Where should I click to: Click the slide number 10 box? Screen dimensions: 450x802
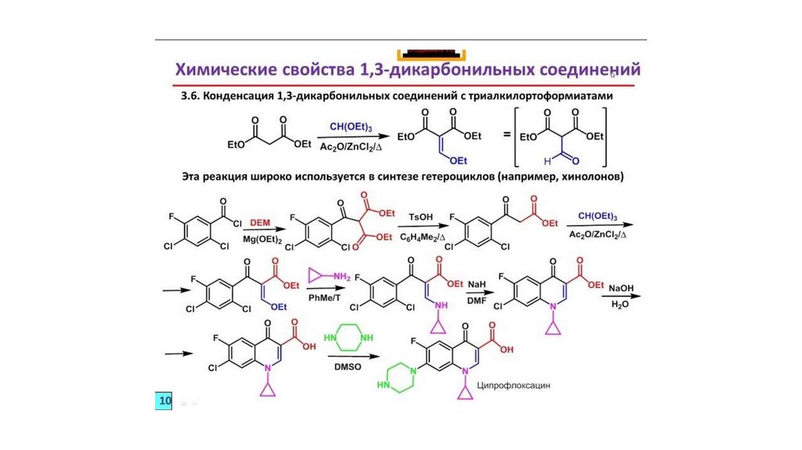click(x=164, y=401)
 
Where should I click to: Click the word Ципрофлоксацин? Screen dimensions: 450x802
click(x=523, y=385)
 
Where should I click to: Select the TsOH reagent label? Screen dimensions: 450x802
click(x=421, y=216)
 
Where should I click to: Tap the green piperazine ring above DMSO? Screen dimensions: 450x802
click(x=349, y=337)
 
